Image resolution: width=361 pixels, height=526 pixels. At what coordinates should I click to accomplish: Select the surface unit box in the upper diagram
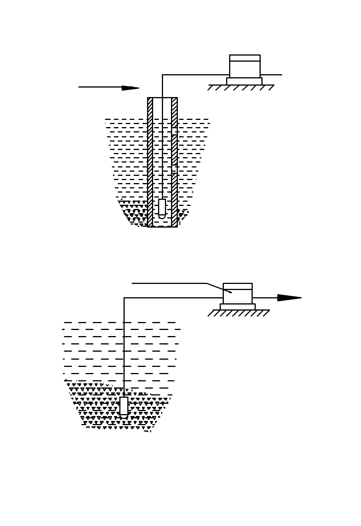245,69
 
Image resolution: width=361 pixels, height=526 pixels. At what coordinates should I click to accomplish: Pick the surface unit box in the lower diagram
237,296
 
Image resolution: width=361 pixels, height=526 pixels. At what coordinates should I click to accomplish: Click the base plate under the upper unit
244,81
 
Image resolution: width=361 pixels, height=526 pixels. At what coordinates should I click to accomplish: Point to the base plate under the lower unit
237,307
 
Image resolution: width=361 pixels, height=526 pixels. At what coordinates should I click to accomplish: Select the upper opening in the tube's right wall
174,131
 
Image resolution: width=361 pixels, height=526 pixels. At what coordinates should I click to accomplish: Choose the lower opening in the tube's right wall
174,169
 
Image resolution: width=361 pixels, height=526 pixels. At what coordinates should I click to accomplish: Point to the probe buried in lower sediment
124,406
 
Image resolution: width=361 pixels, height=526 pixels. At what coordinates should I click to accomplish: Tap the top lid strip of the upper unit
245,58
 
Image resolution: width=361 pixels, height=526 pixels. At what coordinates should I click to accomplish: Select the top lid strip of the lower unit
237,286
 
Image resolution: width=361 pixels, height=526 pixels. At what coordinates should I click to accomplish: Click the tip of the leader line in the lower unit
231,292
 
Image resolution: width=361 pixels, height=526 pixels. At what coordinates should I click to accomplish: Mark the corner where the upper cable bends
163,75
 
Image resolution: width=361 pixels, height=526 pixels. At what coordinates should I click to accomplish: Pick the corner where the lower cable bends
124,298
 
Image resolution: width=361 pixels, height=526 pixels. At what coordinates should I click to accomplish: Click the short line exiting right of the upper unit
271,75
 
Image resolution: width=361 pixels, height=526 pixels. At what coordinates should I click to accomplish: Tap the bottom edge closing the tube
162,226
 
